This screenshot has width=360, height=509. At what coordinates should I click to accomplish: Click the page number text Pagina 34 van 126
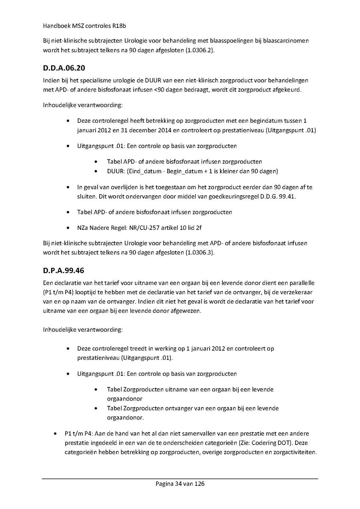180,484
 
